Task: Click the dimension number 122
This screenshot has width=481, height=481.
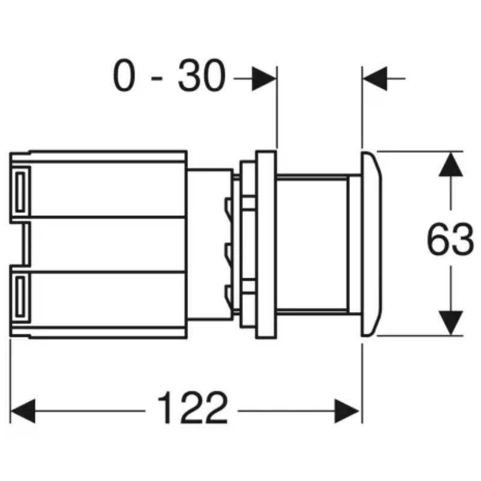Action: tap(193, 409)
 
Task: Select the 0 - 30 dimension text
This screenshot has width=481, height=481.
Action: tap(170, 77)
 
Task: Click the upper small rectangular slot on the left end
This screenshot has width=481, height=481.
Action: tap(20, 191)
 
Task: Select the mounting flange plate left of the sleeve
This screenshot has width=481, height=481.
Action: tap(265, 243)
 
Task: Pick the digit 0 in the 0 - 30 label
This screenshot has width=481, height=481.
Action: tap(123, 77)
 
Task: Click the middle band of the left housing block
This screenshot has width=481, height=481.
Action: tap(105, 243)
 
